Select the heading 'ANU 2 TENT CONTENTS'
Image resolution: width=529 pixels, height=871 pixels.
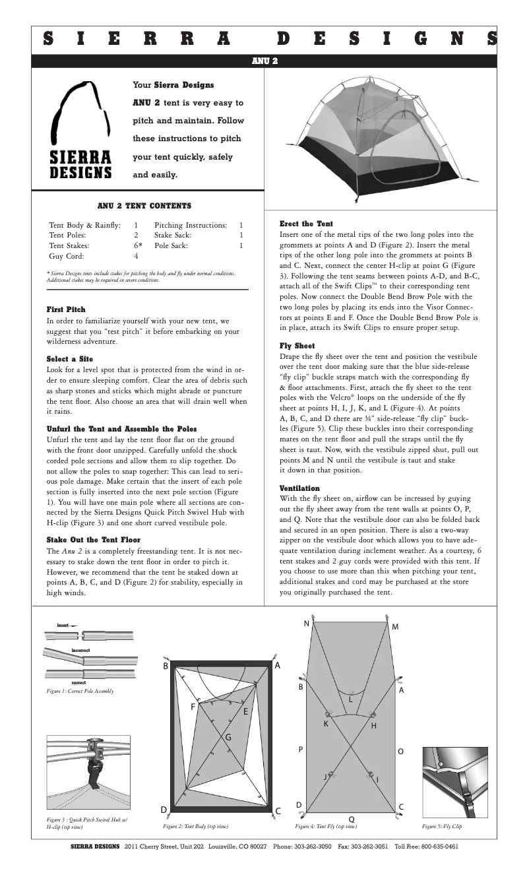144,206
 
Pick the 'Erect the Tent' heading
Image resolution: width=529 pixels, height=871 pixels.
306,224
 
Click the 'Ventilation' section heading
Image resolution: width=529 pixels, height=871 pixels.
301,488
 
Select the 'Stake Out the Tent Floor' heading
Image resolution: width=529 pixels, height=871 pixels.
93,540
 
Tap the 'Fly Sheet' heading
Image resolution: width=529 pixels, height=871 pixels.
297,346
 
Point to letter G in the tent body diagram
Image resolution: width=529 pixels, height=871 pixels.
228,736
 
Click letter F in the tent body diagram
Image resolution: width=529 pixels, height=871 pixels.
193,706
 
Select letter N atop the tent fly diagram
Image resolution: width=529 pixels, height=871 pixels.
306,624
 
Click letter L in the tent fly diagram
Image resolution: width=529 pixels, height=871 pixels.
351,699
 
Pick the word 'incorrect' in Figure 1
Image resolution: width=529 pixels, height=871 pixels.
80,650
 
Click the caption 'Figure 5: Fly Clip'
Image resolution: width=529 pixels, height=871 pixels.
441,825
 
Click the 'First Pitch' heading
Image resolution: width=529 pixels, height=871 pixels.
65,309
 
